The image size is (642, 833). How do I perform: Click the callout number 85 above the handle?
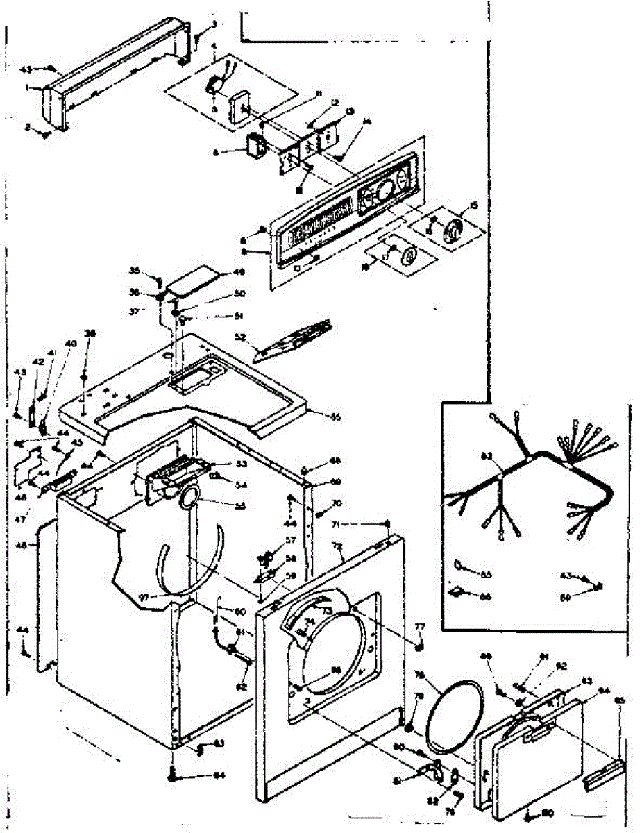[620, 700]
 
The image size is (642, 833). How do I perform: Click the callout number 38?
[88, 333]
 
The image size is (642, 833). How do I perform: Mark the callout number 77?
[419, 627]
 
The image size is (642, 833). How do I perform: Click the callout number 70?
[337, 503]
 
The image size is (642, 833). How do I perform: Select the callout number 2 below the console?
[28, 127]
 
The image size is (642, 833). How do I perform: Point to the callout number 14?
[367, 122]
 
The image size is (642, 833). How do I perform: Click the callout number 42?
[37, 362]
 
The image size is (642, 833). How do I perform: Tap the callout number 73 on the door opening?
[326, 611]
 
